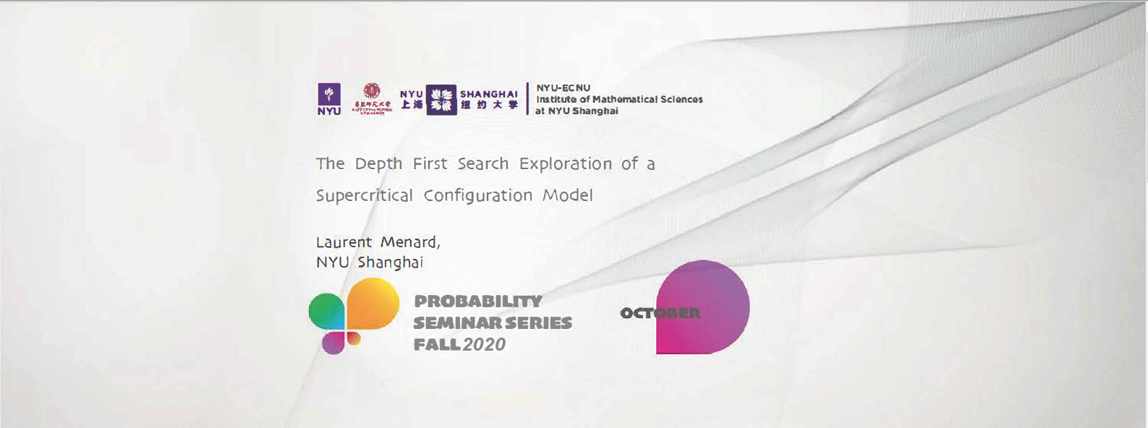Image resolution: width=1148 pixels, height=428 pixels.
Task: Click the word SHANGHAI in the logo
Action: [489, 94]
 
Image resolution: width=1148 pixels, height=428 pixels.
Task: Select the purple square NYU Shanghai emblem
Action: [441, 100]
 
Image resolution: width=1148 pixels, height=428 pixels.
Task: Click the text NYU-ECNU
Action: [563, 87]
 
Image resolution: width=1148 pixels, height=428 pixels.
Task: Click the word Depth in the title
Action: [378, 164]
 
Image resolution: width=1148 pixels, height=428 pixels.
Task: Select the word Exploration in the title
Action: [566, 164]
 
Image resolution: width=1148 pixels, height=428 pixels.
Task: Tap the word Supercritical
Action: [364, 196]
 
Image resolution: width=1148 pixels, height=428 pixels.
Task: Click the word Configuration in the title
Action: [477, 196]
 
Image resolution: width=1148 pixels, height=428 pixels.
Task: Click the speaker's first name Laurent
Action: [344, 242]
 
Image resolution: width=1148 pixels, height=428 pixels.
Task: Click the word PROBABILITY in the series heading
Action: [478, 301]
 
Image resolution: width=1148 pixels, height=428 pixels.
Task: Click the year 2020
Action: [484, 345]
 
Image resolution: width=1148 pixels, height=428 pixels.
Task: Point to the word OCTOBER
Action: [660, 313]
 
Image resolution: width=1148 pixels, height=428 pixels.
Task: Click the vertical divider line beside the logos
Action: [527, 98]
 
